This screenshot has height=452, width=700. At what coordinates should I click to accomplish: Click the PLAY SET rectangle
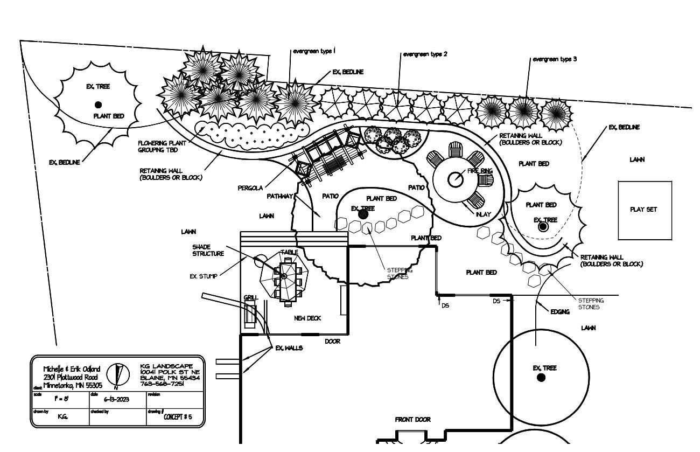coord(645,210)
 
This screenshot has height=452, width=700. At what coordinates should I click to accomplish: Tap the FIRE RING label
coord(480,171)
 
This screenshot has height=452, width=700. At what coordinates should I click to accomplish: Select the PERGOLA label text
coord(250,188)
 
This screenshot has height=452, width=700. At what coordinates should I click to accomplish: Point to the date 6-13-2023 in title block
coord(116,399)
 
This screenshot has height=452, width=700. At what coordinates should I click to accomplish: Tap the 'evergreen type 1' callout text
coord(313,52)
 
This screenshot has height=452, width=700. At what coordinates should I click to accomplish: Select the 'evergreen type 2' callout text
coord(425,54)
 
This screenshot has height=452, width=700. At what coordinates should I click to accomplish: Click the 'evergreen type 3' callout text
coord(555,59)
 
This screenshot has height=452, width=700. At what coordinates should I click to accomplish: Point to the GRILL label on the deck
coord(250,297)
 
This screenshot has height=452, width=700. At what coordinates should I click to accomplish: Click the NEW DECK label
coord(307,318)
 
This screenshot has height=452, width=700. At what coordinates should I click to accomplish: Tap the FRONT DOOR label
coord(412,419)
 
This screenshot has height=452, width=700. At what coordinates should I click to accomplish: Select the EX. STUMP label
coord(204,276)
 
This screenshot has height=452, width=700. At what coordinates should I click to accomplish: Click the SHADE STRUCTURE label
coord(208,250)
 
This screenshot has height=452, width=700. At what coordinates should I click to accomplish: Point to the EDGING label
coord(560,311)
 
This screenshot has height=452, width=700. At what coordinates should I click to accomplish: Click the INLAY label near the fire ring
coord(483,214)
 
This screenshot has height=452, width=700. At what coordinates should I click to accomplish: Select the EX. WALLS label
coord(289,348)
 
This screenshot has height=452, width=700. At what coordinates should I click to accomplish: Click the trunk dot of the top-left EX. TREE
coord(98,105)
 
